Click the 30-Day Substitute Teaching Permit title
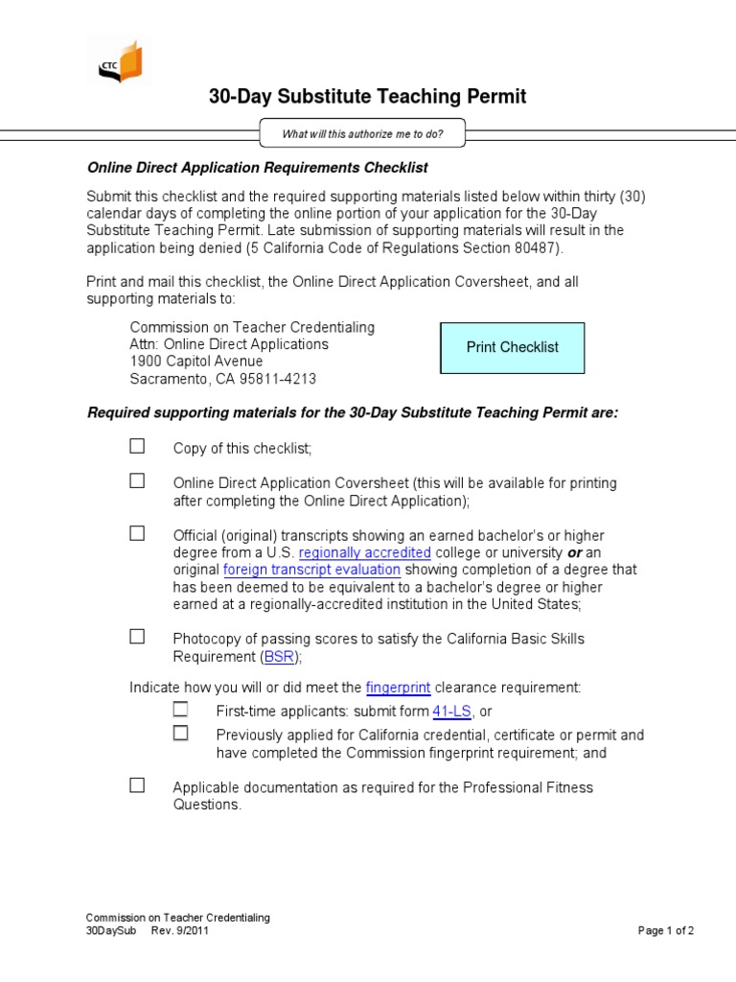pyautogui.click(x=367, y=97)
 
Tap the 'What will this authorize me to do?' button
pyautogui.click(x=362, y=134)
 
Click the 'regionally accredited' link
pyautogui.click(x=365, y=553)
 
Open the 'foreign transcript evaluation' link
pyautogui.click(x=311, y=571)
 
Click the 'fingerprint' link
pyautogui.click(x=398, y=688)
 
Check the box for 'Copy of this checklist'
pyautogui.click(x=138, y=446)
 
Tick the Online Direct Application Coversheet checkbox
pyautogui.click(x=138, y=480)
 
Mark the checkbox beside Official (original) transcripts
pyautogui.click(x=138, y=533)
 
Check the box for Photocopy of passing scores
pyautogui.click(x=138, y=636)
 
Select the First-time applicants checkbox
pyautogui.click(x=180, y=710)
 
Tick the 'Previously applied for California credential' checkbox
pyautogui.click(x=180, y=733)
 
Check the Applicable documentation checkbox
pyautogui.click(x=138, y=785)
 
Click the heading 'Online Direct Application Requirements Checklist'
pyautogui.click(x=258, y=168)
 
